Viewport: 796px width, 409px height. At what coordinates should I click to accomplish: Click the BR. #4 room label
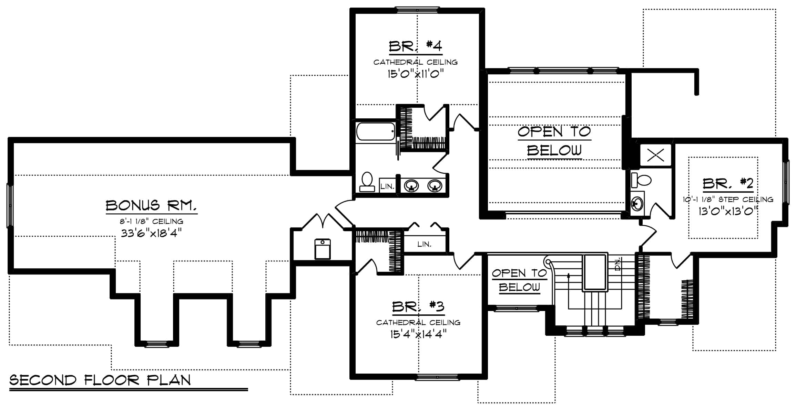tap(415, 46)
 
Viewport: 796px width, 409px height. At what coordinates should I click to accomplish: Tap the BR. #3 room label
tap(418, 306)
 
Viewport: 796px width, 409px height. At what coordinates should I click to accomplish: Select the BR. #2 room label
tap(728, 184)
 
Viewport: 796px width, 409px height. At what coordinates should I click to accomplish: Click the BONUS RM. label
tap(151, 205)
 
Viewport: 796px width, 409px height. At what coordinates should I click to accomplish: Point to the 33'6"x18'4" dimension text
tap(151, 233)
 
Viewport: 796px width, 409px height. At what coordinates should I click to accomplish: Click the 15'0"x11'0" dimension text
tap(415, 74)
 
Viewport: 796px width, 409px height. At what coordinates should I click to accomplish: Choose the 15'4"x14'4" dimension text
tap(418, 334)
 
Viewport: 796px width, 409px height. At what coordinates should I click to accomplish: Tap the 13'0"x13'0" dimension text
tap(728, 211)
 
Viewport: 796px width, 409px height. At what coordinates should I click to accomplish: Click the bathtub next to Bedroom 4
tap(375, 131)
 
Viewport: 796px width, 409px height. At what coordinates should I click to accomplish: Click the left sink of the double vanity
tap(411, 186)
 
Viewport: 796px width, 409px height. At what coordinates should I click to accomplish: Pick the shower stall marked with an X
tap(655, 155)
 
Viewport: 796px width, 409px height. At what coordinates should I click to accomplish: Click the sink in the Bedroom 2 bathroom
tap(637, 204)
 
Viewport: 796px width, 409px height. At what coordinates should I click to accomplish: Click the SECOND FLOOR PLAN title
tap(100, 380)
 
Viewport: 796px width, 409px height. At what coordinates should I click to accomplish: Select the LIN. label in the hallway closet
tap(424, 244)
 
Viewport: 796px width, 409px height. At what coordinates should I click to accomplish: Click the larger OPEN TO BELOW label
tap(554, 141)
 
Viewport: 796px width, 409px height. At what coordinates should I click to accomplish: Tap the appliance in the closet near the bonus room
tap(323, 249)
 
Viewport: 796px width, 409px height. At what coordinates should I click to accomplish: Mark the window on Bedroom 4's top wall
tap(417, 10)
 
